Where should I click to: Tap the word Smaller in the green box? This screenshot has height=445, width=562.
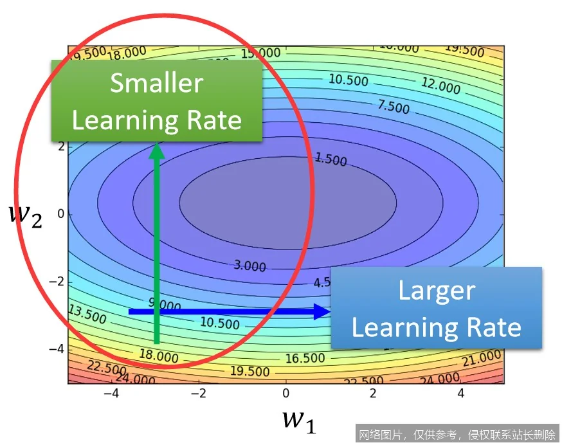coord(156,84)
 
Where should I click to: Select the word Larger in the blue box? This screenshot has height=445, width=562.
coord(436,291)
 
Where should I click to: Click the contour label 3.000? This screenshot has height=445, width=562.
coord(249,265)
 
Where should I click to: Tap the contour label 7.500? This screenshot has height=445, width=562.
coord(393,105)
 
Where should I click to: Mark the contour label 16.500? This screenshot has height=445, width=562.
coord(305,358)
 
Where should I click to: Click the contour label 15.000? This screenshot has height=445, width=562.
coord(261,53)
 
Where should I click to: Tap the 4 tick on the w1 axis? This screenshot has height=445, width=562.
coord(460,392)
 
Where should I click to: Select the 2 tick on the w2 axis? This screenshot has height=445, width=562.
coord(61,146)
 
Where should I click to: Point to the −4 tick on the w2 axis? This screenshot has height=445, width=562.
coord(57,349)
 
